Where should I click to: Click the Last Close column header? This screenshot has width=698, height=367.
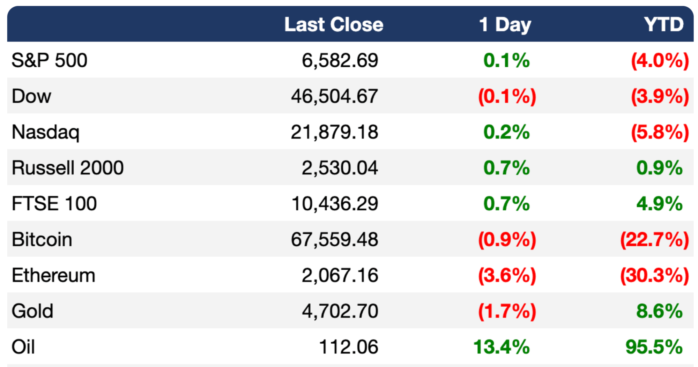pyautogui.click(x=334, y=24)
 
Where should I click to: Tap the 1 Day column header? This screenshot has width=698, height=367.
pyautogui.click(x=505, y=25)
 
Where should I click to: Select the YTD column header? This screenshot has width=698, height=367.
pyautogui.click(x=664, y=24)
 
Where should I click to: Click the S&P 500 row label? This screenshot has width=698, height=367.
pyautogui.click(x=49, y=60)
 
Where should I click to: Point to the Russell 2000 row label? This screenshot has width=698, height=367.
pyautogui.click(x=68, y=167)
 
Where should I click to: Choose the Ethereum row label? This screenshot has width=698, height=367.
pyautogui.click(x=53, y=275)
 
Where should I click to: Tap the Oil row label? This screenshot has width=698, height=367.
pyautogui.click(x=23, y=347)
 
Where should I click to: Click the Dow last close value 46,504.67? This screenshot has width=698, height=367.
pyautogui.click(x=335, y=96)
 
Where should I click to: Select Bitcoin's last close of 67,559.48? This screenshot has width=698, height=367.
pyautogui.click(x=335, y=240)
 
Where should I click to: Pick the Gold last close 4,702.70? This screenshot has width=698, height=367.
pyautogui.click(x=340, y=311)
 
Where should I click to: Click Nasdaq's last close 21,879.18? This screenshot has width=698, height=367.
pyautogui.click(x=335, y=132)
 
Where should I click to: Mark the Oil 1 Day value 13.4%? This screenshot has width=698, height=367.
pyautogui.click(x=502, y=347)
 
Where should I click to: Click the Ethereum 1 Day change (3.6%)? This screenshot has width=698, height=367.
pyautogui.click(x=507, y=276)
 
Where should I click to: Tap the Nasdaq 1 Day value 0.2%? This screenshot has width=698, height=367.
pyautogui.click(x=506, y=132)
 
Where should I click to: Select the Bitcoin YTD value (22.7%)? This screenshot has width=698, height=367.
pyautogui.click(x=655, y=240)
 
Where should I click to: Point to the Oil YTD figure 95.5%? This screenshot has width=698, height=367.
pyautogui.click(x=654, y=347)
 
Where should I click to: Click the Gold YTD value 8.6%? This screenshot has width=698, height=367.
pyautogui.click(x=659, y=311)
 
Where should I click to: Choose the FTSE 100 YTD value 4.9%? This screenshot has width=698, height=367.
pyautogui.click(x=659, y=204)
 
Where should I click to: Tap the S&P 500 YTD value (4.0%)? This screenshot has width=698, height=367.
pyautogui.click(x=660, y=61)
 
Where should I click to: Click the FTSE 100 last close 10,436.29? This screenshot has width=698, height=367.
pyautogui.click(x=335, y=204)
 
